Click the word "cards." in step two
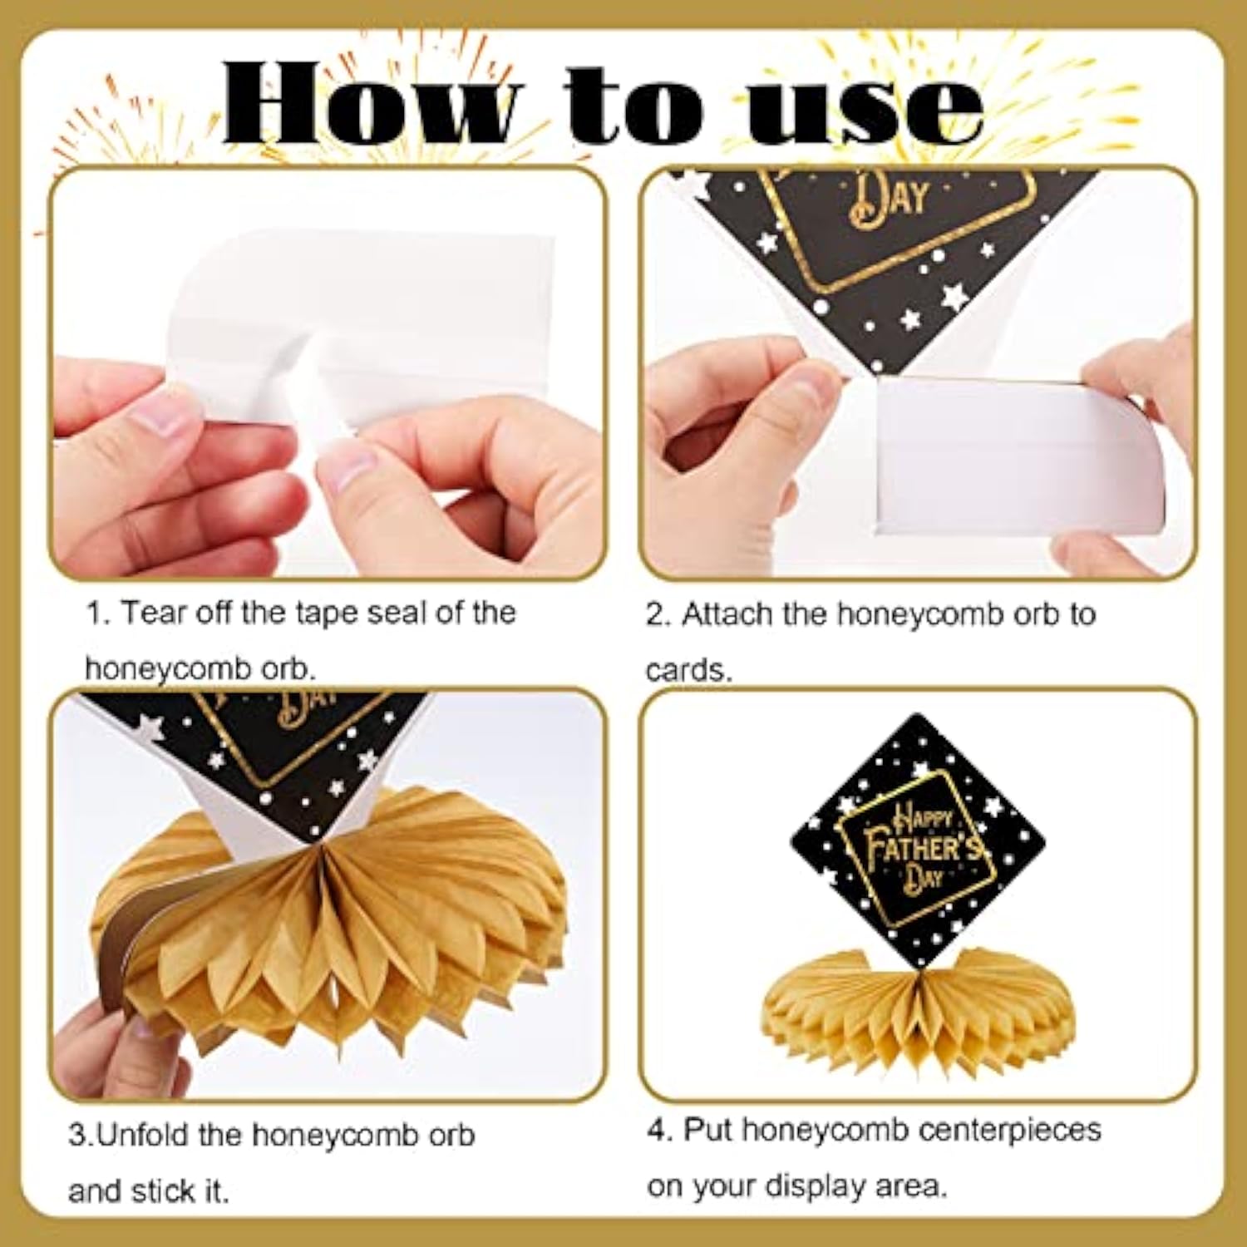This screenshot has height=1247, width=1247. (x=688, y=670)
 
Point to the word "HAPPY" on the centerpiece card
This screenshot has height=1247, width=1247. (x=923, y=819)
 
